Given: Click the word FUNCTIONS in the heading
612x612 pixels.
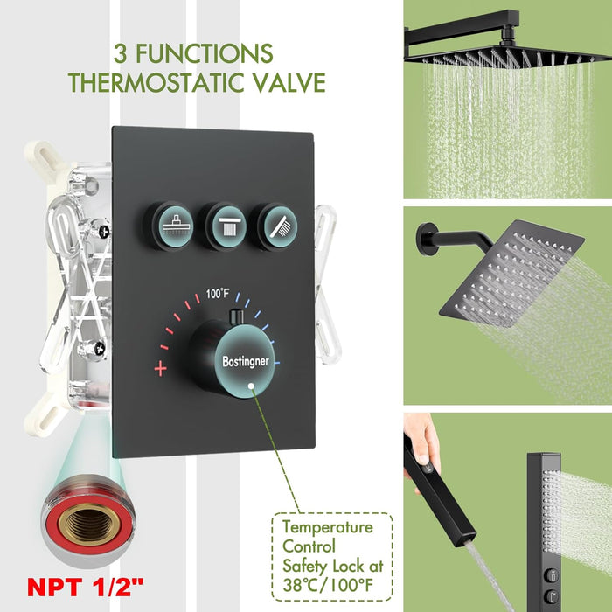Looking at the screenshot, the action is pyautogui.click(x=204, y=53).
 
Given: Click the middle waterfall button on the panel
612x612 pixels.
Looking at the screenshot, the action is pyautogui.click(x=226, y=226).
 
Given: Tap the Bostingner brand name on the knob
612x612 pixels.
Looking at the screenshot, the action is pyautogui.click(x=246, y=361).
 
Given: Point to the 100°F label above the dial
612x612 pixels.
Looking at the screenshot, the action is pyautogui.click(x=218, y=293).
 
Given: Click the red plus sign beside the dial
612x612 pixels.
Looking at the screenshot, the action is pyautogui.click(x=160, y=368).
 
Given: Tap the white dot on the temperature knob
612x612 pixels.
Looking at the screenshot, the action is pyautogui.click(x=251, y=386).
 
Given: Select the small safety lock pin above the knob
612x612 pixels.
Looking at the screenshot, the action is pyautogui.click(x=236, y=316).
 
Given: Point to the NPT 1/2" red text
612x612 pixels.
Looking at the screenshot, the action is pyautogui.click(x=86, y=587).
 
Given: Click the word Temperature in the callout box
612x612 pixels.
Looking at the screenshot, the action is pyautogui.click(x=328, y=527).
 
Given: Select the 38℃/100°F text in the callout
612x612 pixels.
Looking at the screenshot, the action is pyautogui.click(x=328, y=585).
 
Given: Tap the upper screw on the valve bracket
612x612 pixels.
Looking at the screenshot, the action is pyautogui.click(x=103, y=231).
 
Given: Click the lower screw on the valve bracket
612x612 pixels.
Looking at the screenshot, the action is pyautogui.click(x=99, y=348).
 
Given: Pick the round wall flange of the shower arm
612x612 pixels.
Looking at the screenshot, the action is pyautogui.click(x=426, y=239).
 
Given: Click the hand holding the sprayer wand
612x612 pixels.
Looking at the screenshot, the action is pyautogui.click(x=422, y=445).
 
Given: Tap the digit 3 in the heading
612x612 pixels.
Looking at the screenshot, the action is pyautogui.click(x=121, y=54).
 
